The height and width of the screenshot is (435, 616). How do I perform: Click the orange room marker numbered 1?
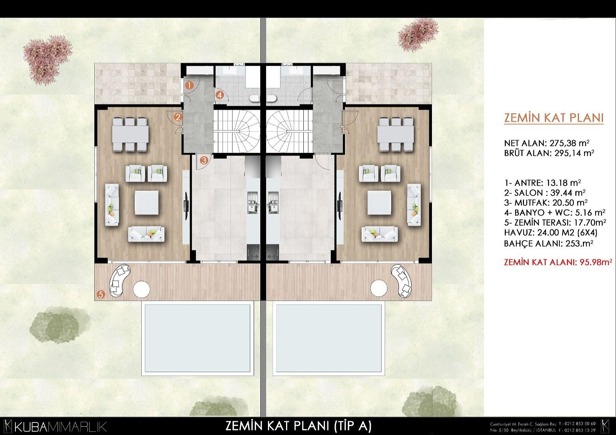click(x=189, y=85)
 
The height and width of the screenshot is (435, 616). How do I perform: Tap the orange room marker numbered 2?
click(x=178, y=117)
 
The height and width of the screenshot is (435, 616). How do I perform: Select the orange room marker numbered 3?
click(x=204, y=160)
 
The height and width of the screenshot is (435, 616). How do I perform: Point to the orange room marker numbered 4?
click(x=219, y=95)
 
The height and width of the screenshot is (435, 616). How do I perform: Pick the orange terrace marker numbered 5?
click(x=101, y=295)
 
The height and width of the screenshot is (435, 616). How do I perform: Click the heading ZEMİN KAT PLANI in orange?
click(x=554, y=118)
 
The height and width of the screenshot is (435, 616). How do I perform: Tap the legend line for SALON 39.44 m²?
click(x=545, y=193)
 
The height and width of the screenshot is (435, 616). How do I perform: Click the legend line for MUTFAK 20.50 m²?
click(x=546, y=203)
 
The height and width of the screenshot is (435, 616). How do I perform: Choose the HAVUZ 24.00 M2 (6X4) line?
click(x=551, y=233)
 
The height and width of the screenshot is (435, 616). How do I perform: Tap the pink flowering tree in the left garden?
click(x=47, y=59)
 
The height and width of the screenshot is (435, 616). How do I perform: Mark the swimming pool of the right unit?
click(x=329, y=338)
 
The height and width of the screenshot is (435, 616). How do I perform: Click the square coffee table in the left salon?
click(x=147, y=203)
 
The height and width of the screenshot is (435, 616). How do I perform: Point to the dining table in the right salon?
click(x=396, y=134)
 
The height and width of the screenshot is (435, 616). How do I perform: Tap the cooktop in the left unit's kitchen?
click(x=253, y=252)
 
